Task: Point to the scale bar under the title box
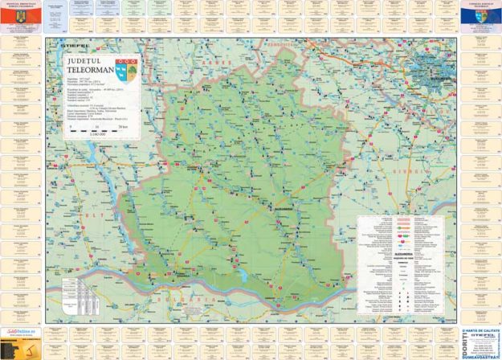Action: pyautogui.click(x=96, y=127)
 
